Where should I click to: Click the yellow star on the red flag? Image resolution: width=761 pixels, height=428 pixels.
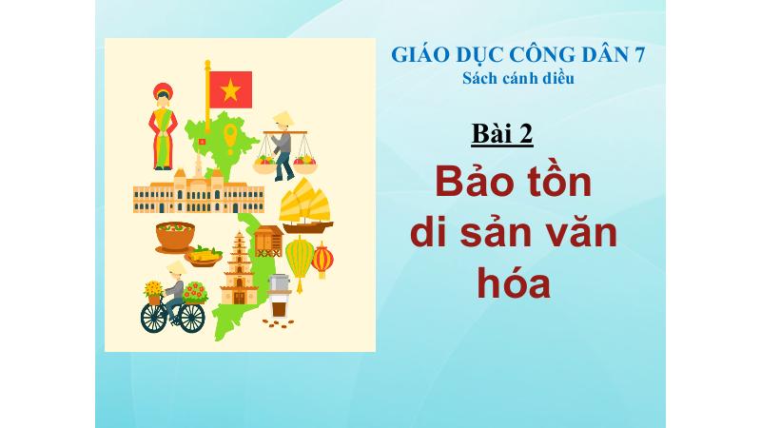pyautogui.click(x=230, y=89)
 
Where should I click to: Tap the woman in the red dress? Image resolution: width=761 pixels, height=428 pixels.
pyautogui.click(x=163, y=126)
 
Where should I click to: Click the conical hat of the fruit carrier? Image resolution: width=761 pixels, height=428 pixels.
pyautogui.click(x=283, y=118)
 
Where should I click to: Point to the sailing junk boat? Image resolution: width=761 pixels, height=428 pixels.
pyautogui.click(x=305, y=205)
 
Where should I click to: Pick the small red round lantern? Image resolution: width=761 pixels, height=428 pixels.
pyautogui.click(x=322, y=261)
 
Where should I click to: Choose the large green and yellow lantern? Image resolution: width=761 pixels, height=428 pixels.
pyautogui.click(x=300, y=263)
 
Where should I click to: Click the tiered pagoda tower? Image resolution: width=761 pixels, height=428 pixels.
pyautogui.click(x=239, y=268)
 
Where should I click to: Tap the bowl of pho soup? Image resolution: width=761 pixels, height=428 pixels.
pyautogui.click(x=175, y=237)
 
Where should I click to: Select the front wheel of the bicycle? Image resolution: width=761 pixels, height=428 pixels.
pyautogui.click(x=192, y=318)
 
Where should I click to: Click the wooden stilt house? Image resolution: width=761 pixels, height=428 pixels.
pyautogui.click(x=268, y=242)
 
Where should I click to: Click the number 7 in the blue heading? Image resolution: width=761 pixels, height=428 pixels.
pyautogui.click(x=639, y=55)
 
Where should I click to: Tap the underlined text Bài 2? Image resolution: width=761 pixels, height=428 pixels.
pyautogui.click(x=502, y=133)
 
